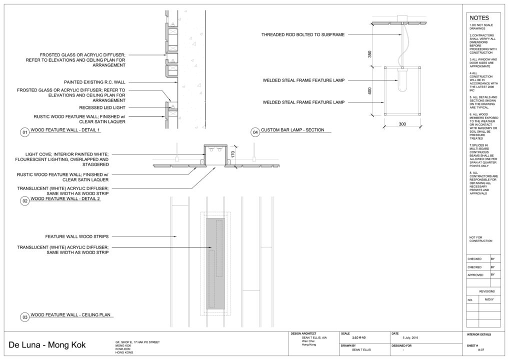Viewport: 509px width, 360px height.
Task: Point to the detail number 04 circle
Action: point(255,132)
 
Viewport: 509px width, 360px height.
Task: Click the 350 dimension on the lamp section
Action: point(370,54)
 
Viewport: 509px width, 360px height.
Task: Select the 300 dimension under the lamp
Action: point(401,123)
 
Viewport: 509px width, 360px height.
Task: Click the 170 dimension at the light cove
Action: point(233,154)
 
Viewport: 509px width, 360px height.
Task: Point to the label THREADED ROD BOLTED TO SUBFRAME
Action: point(303,34)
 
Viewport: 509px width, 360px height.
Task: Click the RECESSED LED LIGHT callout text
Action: point(102,107)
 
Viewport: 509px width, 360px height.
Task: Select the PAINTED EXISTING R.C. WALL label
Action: point(94,81)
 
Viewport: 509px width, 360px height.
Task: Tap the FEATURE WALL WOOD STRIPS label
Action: point(77,236)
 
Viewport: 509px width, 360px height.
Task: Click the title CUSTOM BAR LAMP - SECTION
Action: point(293,130)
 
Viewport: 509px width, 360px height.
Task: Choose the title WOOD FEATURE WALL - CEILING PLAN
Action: point(70,315)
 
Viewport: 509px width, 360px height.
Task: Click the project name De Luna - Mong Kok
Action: point(47,345)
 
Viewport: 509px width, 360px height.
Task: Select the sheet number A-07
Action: point(480,350)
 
